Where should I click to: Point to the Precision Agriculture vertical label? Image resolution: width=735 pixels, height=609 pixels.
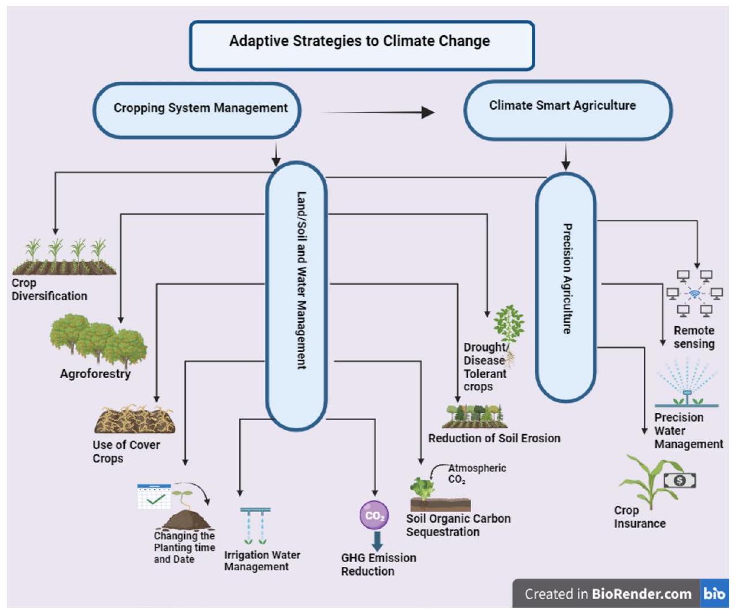(567, 279)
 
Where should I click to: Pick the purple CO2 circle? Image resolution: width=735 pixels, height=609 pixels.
(374, 515)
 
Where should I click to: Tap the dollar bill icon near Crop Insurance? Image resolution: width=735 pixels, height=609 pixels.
(680, 480)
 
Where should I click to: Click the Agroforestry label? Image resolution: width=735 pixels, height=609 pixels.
(95, 374)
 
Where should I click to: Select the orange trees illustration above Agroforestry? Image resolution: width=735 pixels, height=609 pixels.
(98, 341)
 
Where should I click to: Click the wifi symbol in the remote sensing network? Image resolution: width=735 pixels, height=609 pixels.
(695, 294)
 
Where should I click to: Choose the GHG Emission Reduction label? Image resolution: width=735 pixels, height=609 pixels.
(378, 565)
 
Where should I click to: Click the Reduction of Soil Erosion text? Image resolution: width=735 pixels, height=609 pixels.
(494, 438)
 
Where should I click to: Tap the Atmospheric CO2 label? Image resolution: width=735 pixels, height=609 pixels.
(477, 473)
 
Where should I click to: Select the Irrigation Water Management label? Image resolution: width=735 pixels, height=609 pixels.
(262, 561)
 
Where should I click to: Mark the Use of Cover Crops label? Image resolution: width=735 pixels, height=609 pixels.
(126, 451)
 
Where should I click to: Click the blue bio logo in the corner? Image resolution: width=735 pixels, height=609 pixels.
(714, 593)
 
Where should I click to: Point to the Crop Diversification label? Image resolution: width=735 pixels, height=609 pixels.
(50, 290)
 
